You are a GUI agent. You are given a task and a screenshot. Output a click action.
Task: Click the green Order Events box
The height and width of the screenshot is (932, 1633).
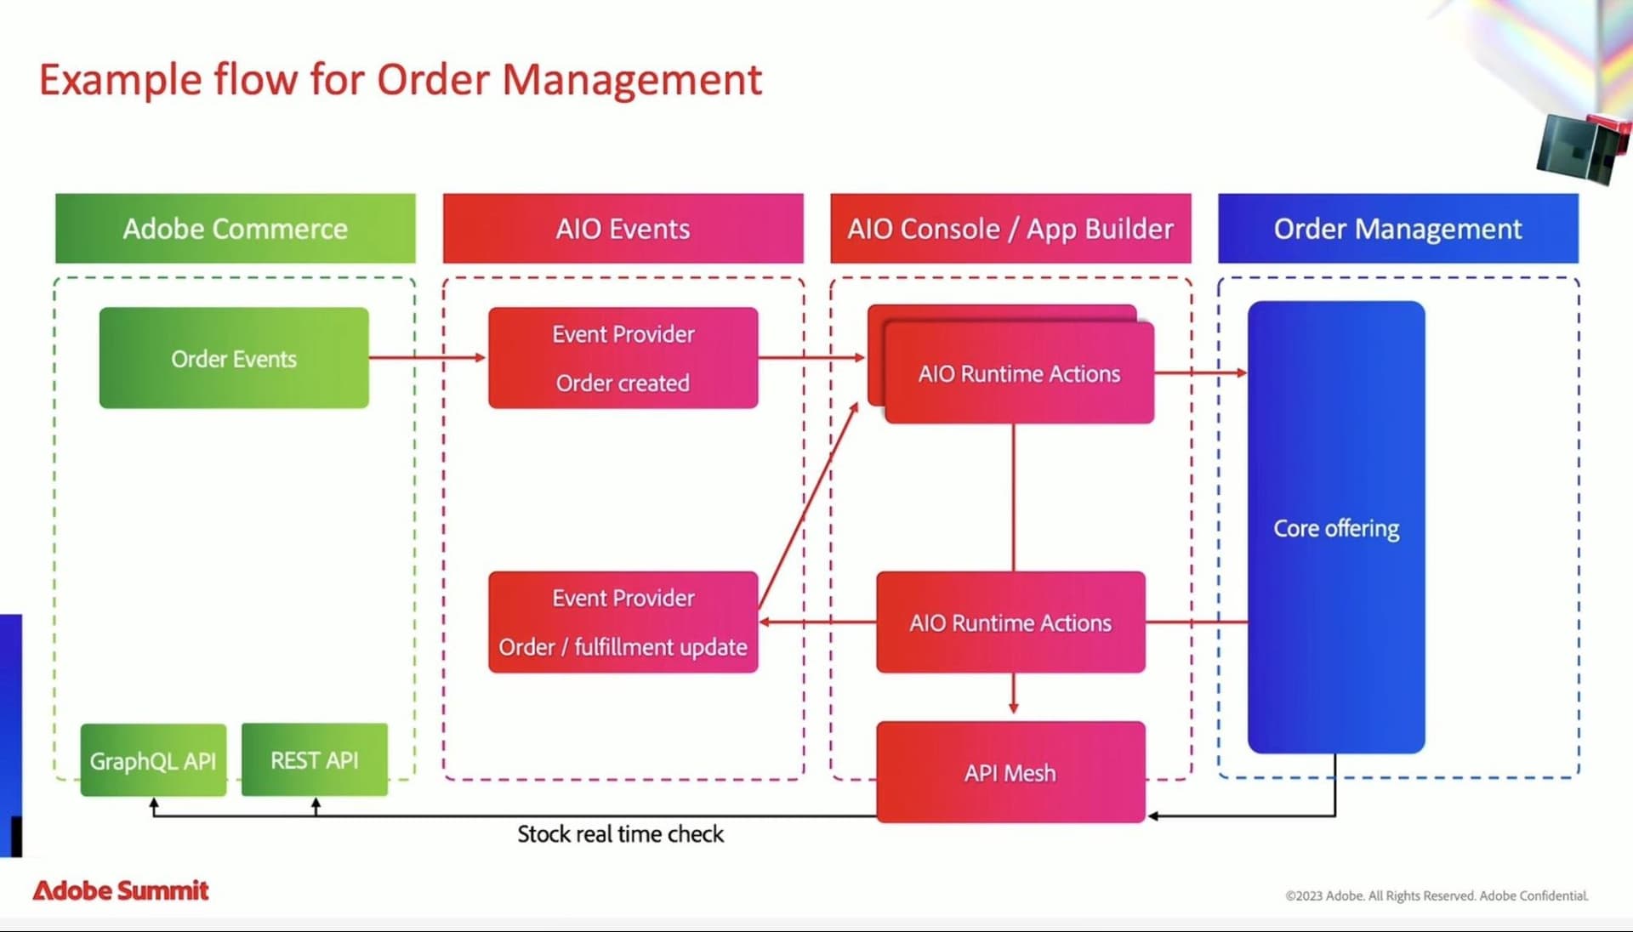click(x=234, y=358)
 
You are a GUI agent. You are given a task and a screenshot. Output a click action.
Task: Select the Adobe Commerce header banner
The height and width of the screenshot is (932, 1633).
click(x=236, y=229)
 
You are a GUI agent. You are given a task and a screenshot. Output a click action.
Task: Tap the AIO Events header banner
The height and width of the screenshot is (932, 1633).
click(x=623, y=229)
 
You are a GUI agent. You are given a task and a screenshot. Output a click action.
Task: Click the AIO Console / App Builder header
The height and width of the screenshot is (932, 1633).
click(x=1010, y=229)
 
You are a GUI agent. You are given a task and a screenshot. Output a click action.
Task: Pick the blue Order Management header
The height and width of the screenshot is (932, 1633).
click(x=1397, y=229)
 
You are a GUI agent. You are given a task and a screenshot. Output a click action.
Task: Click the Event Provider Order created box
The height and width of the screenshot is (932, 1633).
click(x=623, y=358)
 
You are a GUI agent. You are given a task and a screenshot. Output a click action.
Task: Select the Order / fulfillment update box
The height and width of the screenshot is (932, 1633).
click(x=623, y=622)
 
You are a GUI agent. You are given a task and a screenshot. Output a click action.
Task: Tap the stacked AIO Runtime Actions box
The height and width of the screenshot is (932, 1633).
click(x=1019, y=373)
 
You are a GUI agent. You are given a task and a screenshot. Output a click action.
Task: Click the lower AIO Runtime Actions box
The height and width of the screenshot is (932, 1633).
click(x=1010, y=622)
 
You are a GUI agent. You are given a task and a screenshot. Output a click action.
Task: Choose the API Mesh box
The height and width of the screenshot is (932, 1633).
click(x=1010, y=772)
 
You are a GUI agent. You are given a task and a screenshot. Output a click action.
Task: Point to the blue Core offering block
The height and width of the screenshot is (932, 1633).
click(x=1335, y=527)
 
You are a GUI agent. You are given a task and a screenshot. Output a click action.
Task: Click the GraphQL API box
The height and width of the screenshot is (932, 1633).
click(x=153, y=760)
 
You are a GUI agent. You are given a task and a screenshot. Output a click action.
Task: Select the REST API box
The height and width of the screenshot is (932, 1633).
click(x=315, y=760)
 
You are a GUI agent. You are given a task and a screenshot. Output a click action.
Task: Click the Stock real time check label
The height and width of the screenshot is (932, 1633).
click(x=620, y=834)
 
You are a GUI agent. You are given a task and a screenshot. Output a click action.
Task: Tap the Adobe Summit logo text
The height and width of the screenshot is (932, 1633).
click(x=121, y=890)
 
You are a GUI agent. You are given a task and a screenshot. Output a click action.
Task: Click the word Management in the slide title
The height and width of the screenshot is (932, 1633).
click(x=632, y=80)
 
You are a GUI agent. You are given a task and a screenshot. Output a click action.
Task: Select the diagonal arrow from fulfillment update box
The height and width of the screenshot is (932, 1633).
click(x=808, y=505)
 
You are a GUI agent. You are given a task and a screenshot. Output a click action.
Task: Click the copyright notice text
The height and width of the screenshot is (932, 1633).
click(x=1437, y=895)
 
